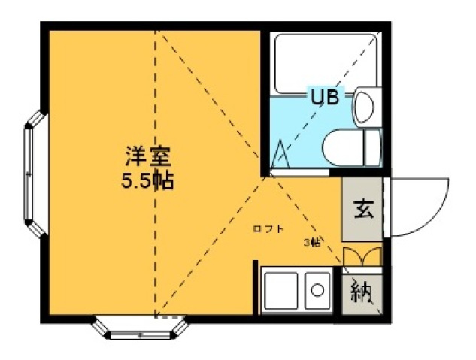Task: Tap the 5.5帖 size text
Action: (x=148, y=181)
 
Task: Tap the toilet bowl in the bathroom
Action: (x=341, y=144)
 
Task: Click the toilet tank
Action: (x=371, y=145)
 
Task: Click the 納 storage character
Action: (x=362, y=289)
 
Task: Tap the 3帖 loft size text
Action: (x=311, y=242)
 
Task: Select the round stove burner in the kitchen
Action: (x=317, y=289)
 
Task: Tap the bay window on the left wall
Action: (x=31, y=174)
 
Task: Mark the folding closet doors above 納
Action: (x=362, y=256)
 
